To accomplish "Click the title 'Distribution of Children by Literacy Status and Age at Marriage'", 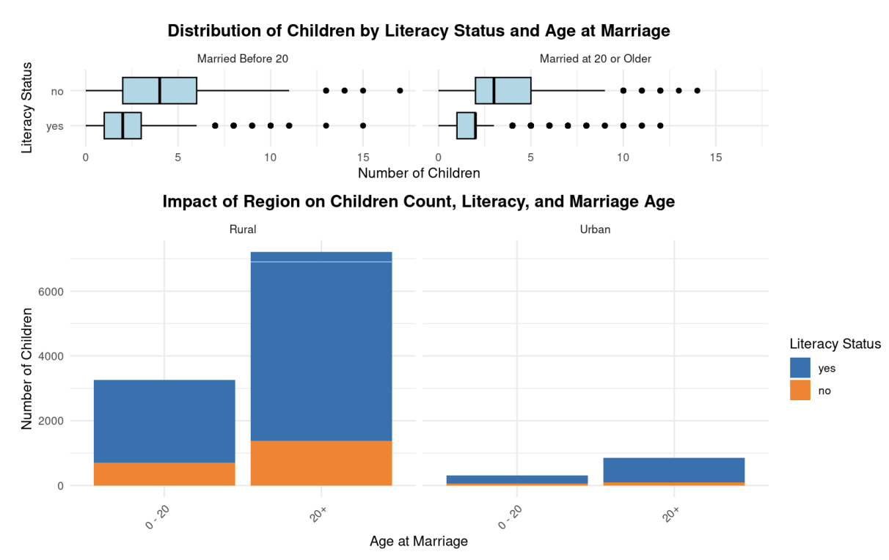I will (419, 31).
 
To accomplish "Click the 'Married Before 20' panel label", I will (243, 58).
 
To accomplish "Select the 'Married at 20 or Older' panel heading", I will (595, 58).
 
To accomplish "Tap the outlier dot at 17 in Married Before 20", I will (400, 91).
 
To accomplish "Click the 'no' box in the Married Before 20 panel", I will (159, 91).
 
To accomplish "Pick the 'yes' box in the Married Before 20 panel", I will (122, 125).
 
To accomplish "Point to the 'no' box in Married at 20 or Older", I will (503, 91).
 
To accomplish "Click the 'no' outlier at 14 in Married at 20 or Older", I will (697, 91).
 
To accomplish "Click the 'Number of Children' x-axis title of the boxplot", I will (419, 174).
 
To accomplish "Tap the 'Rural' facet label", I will (243, 229).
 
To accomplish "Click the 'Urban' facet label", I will (595, 229).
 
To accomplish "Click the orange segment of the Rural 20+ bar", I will (321, 463).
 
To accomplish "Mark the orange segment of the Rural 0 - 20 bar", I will (164, 474).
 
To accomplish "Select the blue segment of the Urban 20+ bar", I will (674, 470).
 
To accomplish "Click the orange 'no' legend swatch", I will (800, 391).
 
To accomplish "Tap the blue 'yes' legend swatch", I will (800, 368).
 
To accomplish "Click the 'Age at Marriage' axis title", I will (419, 542).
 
